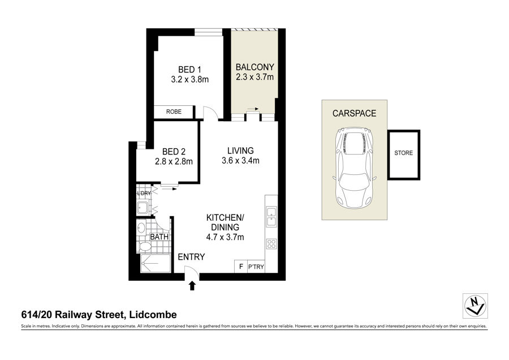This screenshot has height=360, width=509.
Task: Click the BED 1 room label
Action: pyautogui.click(x=189, y=70)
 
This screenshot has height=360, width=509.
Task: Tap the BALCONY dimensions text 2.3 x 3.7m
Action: pyautogui.click(x=255, y=77)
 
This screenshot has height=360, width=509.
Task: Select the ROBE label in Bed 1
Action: pyautogui.click(x=174, y=112)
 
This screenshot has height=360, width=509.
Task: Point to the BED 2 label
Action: pyautogui.click(x=174, y=151)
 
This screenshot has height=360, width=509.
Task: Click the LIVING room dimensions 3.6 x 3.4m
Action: pyautogui.click(x=240, y=161)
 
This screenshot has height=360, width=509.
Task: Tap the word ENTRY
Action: pyautogui.click(x=191, y=257)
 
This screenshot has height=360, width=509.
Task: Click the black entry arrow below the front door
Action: pyautogui.click(x=192, y=286)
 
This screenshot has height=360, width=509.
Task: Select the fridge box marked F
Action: pyautogui.click(x=241, y=267)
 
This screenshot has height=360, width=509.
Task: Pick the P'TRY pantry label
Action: pyautogui.click(x=256, y=267)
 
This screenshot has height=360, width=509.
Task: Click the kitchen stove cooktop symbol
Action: pyautogui.click(x=271, y=244)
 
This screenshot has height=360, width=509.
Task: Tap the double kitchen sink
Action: pyautogui.click(x=271, y=217)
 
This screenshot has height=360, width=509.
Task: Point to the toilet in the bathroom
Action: pyautogui.click(x=145, y=247)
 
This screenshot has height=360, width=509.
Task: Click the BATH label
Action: pyautogui.click(x=159, y=237)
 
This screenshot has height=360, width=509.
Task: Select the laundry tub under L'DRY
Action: pyautogui.click(x=143, y=207)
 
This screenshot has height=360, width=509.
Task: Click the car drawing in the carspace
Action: pyautogui.click(x=354, y=168)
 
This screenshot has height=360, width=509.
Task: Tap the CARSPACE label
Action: pyautogui.click(x=354, y=113)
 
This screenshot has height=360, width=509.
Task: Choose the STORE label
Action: pyautogui.click(x=403, y=153)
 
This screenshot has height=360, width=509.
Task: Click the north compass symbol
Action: pyautogui.click(x=475, y=306)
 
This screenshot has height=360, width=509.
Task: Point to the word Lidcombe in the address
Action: pyautogui.click(x=153, y=315)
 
